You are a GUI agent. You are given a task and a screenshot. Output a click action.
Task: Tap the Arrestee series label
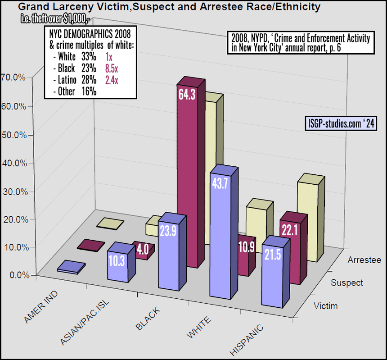[x=364, y=260]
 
